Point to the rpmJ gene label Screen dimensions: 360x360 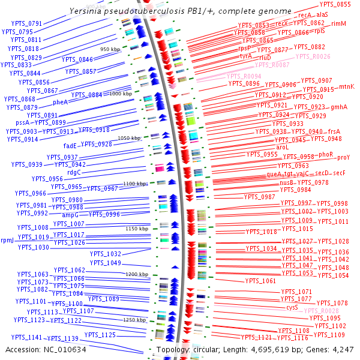8,240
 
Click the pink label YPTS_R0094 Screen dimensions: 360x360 244,76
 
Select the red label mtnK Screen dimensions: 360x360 347,86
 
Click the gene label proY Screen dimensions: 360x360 343,157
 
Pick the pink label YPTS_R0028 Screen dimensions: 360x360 322,311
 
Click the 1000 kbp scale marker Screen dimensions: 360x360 121,94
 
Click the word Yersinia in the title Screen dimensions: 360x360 85,11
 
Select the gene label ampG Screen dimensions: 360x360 70,214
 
